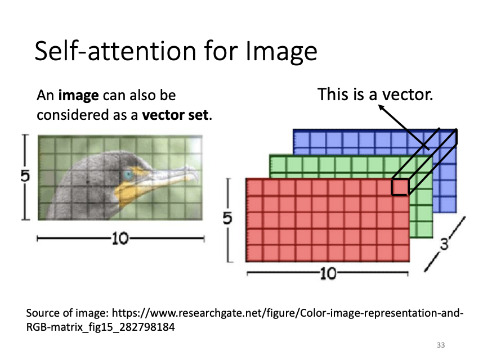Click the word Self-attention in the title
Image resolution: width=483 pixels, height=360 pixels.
(115, 51)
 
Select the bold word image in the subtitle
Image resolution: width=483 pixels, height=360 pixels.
(79, 96)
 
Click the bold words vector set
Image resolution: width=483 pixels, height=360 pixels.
(176, 115)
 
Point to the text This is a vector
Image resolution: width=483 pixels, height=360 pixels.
(375, 94)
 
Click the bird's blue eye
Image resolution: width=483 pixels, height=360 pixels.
(128, 175)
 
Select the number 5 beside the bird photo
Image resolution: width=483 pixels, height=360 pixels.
(25, 176)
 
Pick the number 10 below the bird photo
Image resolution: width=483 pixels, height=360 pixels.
(120, 238)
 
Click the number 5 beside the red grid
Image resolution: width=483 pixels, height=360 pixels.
(227, 218)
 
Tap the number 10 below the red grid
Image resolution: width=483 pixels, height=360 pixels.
(328, 273)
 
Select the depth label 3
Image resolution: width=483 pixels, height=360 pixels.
(444, 244)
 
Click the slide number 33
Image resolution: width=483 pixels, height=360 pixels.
(441, 345)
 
